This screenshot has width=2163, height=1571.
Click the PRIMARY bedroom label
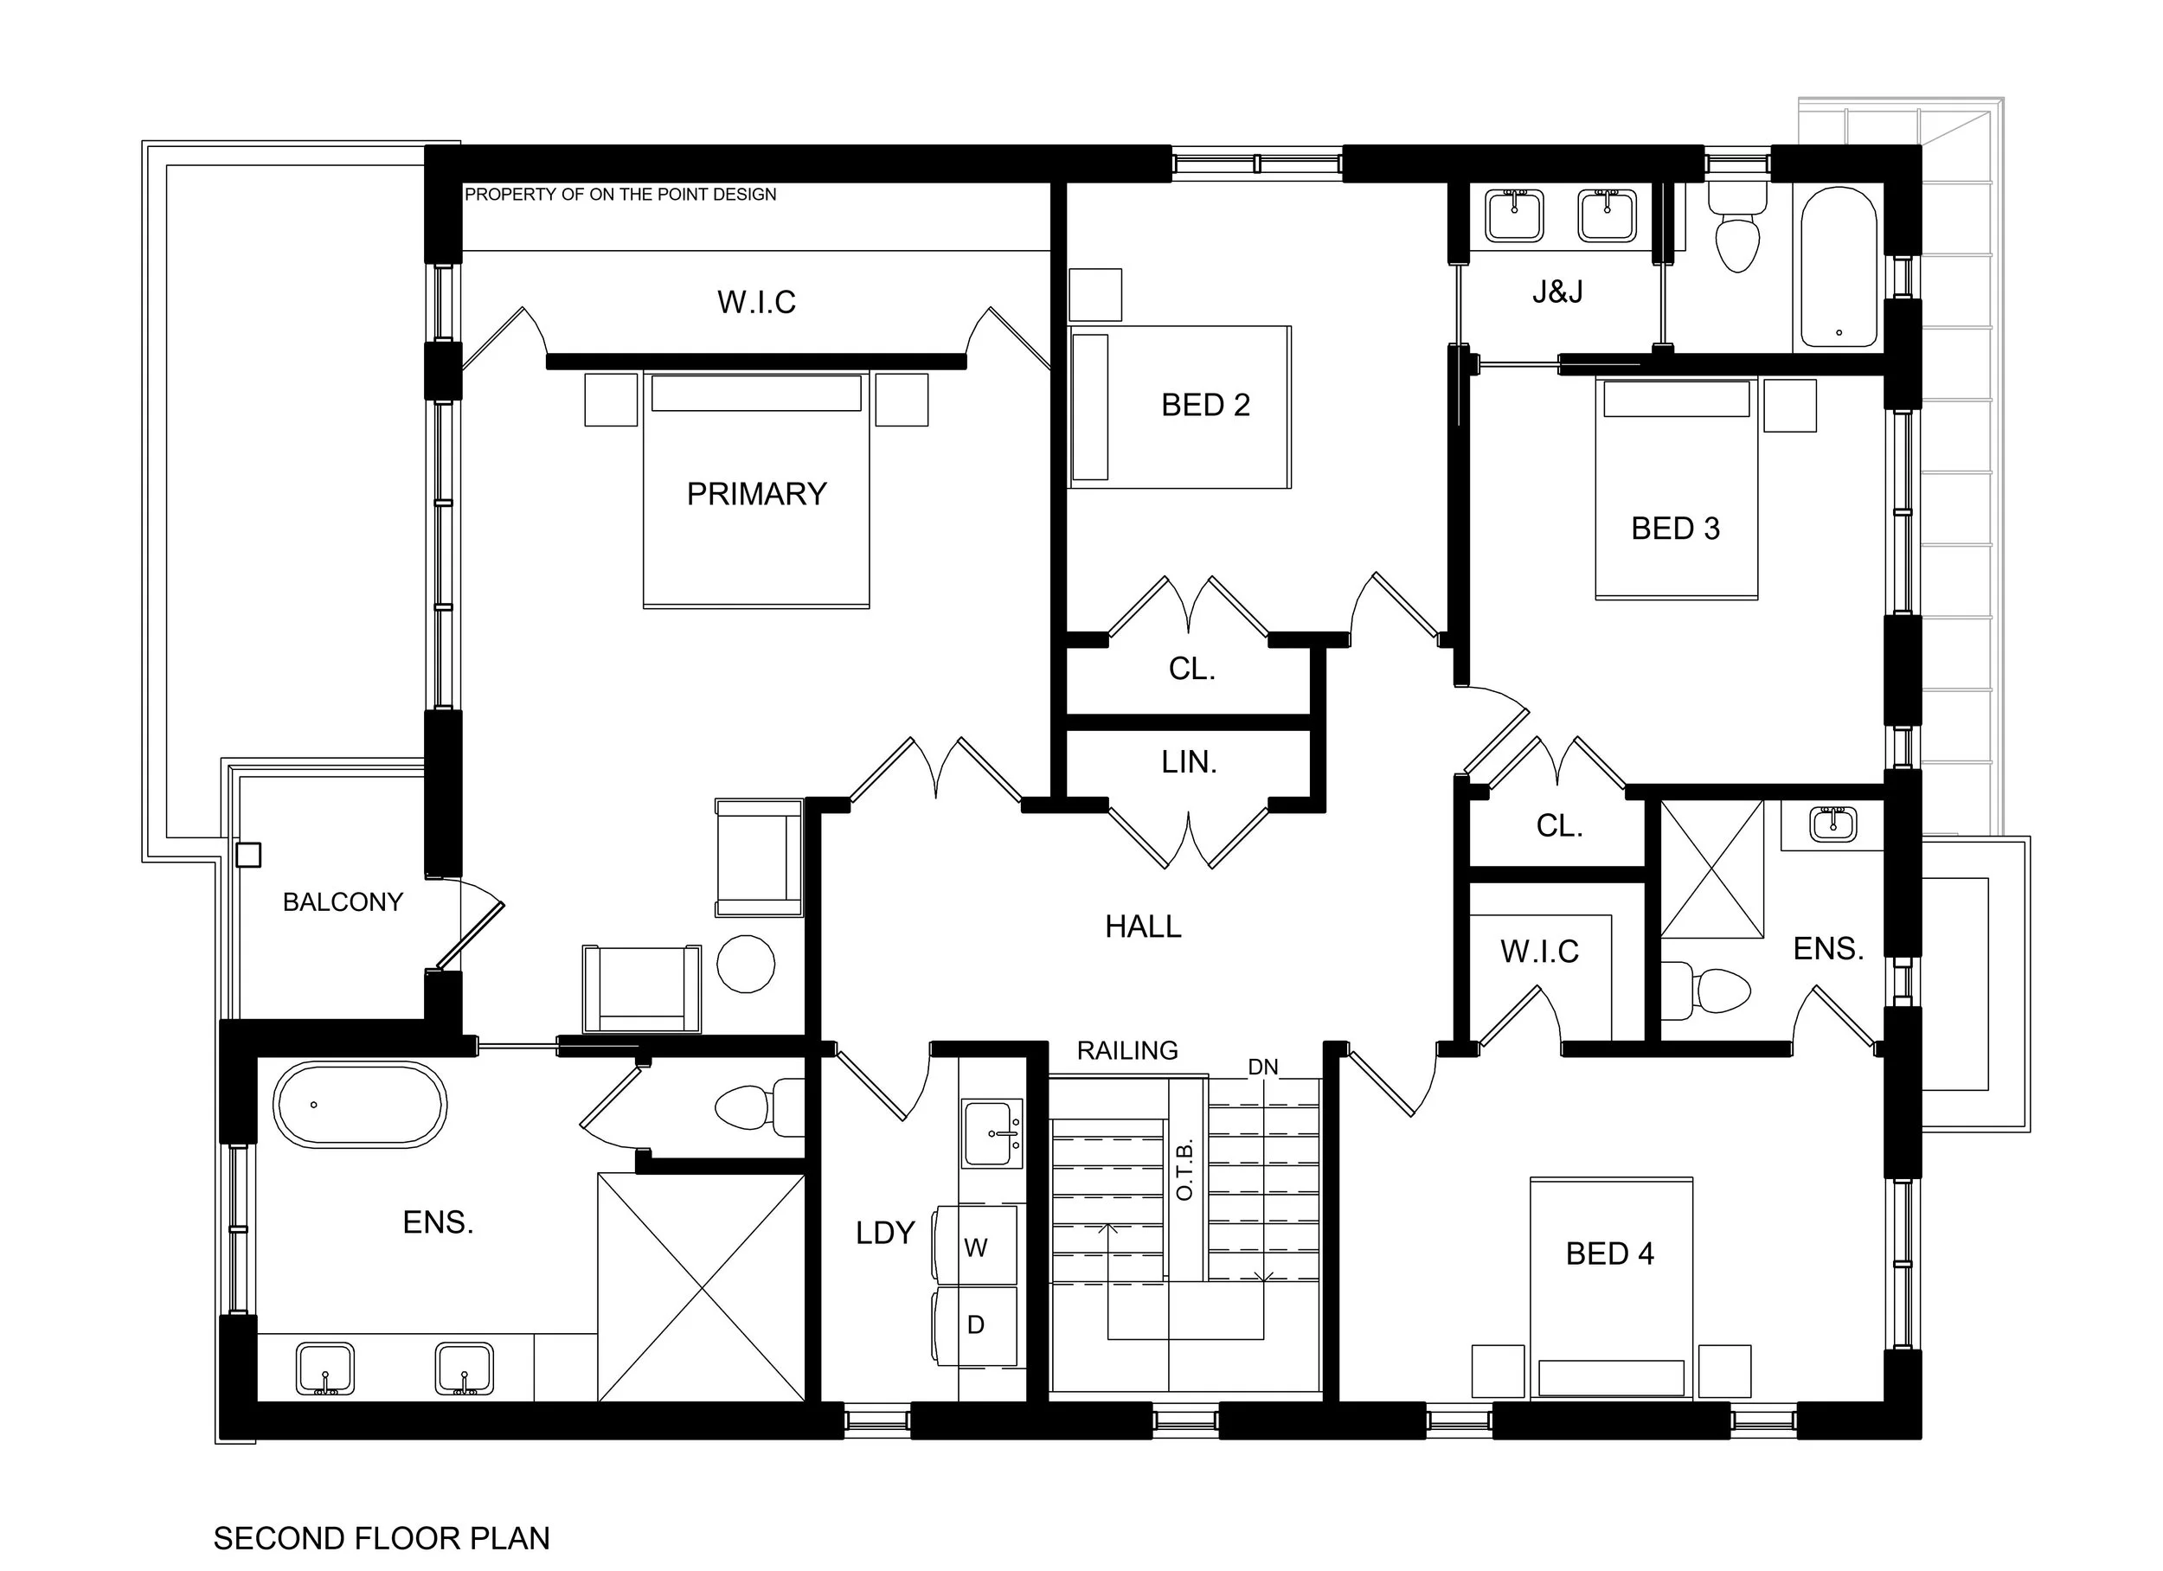coord(756,494)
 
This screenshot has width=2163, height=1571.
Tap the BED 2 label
coord(1204,406)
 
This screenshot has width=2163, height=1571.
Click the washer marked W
coord(976,1247)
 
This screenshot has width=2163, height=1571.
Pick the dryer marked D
coord(976,1325)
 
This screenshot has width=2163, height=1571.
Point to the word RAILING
coord(1127,1051)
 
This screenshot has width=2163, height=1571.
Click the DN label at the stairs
coord(1262,1068)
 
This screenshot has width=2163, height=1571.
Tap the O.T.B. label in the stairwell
coord(1185,1171)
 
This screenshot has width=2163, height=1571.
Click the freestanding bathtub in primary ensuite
coord(360,1106)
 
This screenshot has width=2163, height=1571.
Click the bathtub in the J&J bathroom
coord(1838,267)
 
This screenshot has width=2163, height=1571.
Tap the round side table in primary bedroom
coord(746,964)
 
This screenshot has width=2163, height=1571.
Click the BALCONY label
coord(343,902)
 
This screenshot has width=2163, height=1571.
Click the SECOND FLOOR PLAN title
coord(382,1539)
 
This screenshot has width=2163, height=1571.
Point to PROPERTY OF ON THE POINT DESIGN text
coord(619,195)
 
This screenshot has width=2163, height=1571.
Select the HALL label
coord(1143,927)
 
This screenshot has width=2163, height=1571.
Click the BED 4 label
coord(1609,1254)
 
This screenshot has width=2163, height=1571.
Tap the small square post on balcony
coord(248,855)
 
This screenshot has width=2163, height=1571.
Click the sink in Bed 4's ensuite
coord(1833,825)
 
